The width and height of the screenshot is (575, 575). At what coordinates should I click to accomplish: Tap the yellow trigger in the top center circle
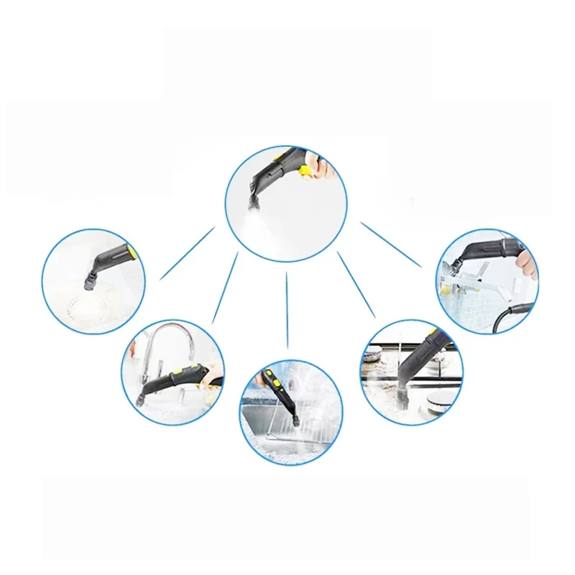[x=305, y=171]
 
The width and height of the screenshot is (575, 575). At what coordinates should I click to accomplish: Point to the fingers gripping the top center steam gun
[x=325, y=167]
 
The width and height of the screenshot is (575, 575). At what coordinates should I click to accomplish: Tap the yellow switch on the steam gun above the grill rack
[x=269, y=375]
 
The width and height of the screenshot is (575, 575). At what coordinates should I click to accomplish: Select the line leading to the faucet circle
[x=225, y=287]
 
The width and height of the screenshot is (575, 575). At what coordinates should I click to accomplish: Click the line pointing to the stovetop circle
[x=356, y=284]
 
